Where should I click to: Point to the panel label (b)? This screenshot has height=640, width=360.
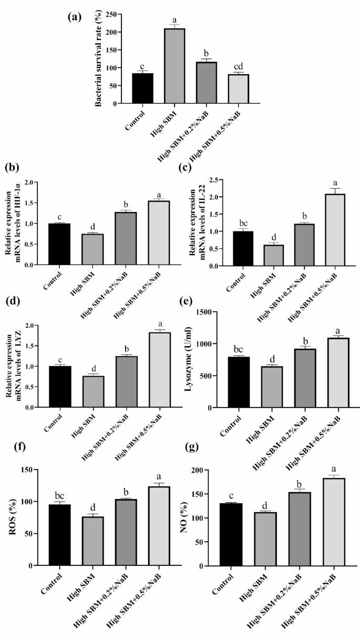click(12, 169)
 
